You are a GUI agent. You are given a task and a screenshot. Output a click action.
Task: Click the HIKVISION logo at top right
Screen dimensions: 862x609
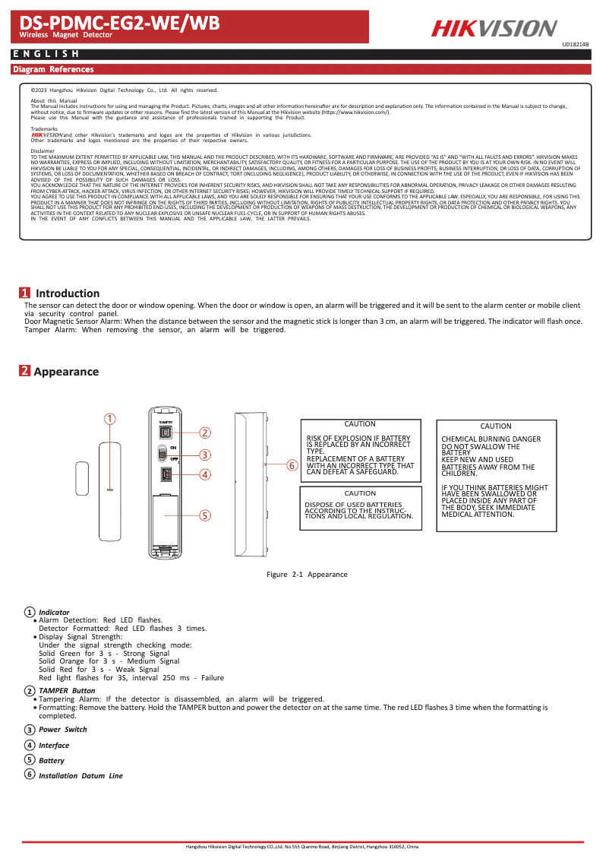494,28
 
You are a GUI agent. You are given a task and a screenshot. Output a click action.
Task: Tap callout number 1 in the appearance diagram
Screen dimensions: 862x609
110,419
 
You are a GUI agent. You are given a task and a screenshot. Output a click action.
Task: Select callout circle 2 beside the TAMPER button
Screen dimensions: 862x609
204,433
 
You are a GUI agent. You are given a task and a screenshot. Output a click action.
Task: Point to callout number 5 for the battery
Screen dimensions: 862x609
204,515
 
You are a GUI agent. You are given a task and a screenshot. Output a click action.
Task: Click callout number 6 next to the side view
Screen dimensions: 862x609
290,465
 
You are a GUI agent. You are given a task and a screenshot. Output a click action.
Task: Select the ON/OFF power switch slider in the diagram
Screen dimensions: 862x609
162,454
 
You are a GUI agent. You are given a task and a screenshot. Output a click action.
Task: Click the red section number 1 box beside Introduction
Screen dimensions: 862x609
25,293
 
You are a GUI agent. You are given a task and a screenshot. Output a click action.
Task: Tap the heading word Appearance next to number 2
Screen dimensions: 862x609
66,372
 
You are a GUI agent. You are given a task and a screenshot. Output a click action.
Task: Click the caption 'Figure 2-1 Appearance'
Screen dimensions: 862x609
307,575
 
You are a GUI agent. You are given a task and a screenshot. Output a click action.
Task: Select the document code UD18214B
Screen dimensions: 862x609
575,45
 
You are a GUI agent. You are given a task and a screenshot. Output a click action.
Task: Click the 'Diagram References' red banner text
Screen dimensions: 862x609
53,70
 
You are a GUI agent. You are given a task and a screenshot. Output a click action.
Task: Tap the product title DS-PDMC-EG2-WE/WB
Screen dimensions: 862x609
119,24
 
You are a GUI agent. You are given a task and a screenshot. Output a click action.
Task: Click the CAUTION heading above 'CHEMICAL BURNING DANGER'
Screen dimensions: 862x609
496,426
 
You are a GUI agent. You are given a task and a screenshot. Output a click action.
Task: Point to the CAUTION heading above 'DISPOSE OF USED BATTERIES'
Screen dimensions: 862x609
360,493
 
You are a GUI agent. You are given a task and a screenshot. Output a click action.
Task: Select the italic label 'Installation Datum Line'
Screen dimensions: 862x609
80,776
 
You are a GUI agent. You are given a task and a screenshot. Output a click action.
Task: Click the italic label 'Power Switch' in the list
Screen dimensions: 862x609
63,730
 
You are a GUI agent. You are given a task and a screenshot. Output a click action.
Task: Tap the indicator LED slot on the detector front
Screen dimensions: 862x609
110,490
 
